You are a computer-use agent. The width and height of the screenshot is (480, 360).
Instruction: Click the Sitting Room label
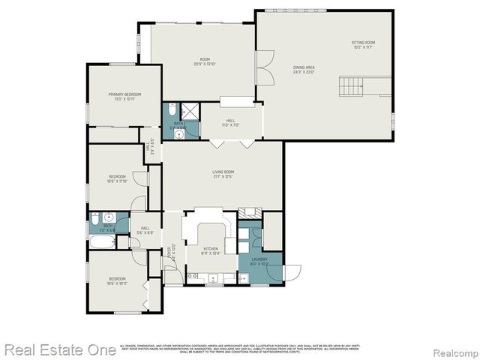point(363,43)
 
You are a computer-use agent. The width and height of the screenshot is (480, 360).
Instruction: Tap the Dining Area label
point(303,70)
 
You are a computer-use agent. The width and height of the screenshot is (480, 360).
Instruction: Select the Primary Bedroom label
point(124,96)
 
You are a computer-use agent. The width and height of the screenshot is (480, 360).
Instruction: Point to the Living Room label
point(223,174)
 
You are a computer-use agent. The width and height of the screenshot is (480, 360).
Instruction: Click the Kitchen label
point(211,250)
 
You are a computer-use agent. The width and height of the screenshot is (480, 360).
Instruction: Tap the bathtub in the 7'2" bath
point(100,241)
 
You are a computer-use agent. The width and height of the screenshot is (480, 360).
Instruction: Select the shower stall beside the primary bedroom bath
point(191,111)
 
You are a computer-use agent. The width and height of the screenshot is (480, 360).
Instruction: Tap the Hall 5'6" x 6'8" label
point(145,230)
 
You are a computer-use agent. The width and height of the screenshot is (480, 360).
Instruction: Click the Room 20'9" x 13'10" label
point(204,61)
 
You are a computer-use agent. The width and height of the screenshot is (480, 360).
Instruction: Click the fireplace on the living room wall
point(248,213)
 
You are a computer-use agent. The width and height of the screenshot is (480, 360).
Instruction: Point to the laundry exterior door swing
point(292,271)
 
